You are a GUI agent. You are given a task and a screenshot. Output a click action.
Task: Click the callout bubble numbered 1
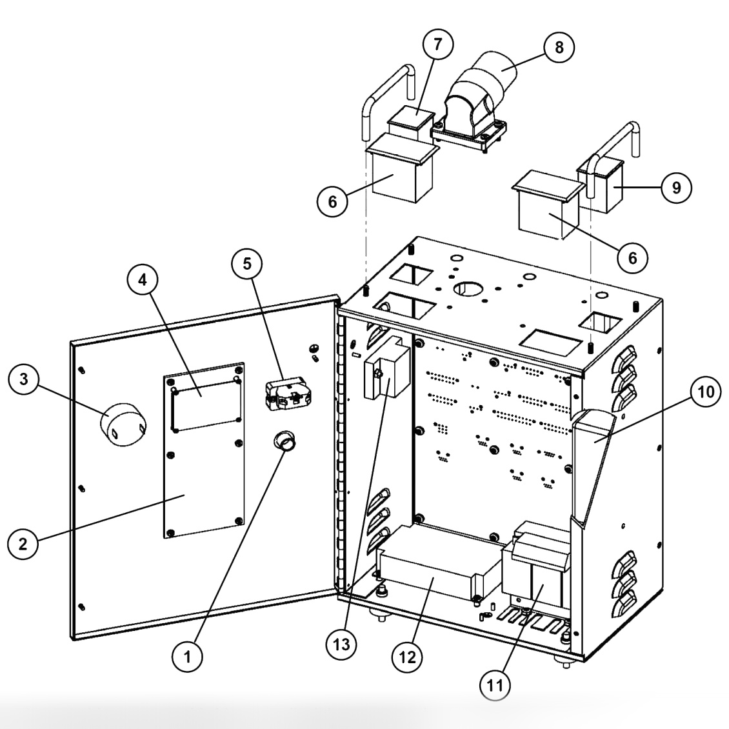click(187, 657)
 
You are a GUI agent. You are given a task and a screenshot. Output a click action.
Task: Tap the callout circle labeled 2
click(23, 543)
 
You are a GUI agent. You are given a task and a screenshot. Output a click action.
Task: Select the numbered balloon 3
click(24, 379)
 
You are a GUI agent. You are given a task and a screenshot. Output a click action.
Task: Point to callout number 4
click(143, 279)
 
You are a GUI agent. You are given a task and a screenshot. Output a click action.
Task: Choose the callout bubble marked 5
click(247, 264)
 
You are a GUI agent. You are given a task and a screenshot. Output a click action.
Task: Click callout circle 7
click(437, 44)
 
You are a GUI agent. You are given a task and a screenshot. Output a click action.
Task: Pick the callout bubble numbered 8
click(559, 47)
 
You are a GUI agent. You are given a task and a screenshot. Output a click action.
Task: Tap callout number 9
click(676, 187)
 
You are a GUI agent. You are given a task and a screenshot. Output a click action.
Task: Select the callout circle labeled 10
click(705, 392)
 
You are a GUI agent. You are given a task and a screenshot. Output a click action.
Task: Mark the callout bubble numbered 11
click(495, 685)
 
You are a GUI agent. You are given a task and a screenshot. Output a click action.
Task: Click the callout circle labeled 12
click(407, 657)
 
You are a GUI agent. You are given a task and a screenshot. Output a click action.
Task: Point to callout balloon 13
click(342, 644)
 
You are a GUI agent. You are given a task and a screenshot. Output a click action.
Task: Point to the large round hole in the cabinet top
click(468, 288)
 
